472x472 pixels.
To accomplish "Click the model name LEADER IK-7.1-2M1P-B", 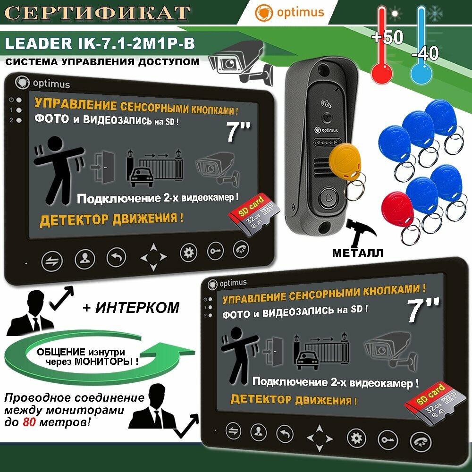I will (x=100, y=44).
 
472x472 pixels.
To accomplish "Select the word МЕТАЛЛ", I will (x=357, y=253).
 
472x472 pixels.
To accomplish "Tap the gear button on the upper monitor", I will (x=189, y=253).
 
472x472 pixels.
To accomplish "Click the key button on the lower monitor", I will (x=387, y=438).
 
